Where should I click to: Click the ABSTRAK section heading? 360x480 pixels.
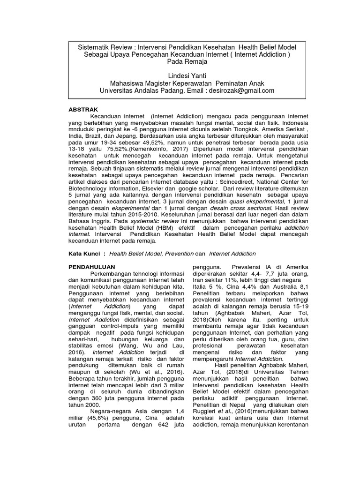(x=83, y=109)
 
